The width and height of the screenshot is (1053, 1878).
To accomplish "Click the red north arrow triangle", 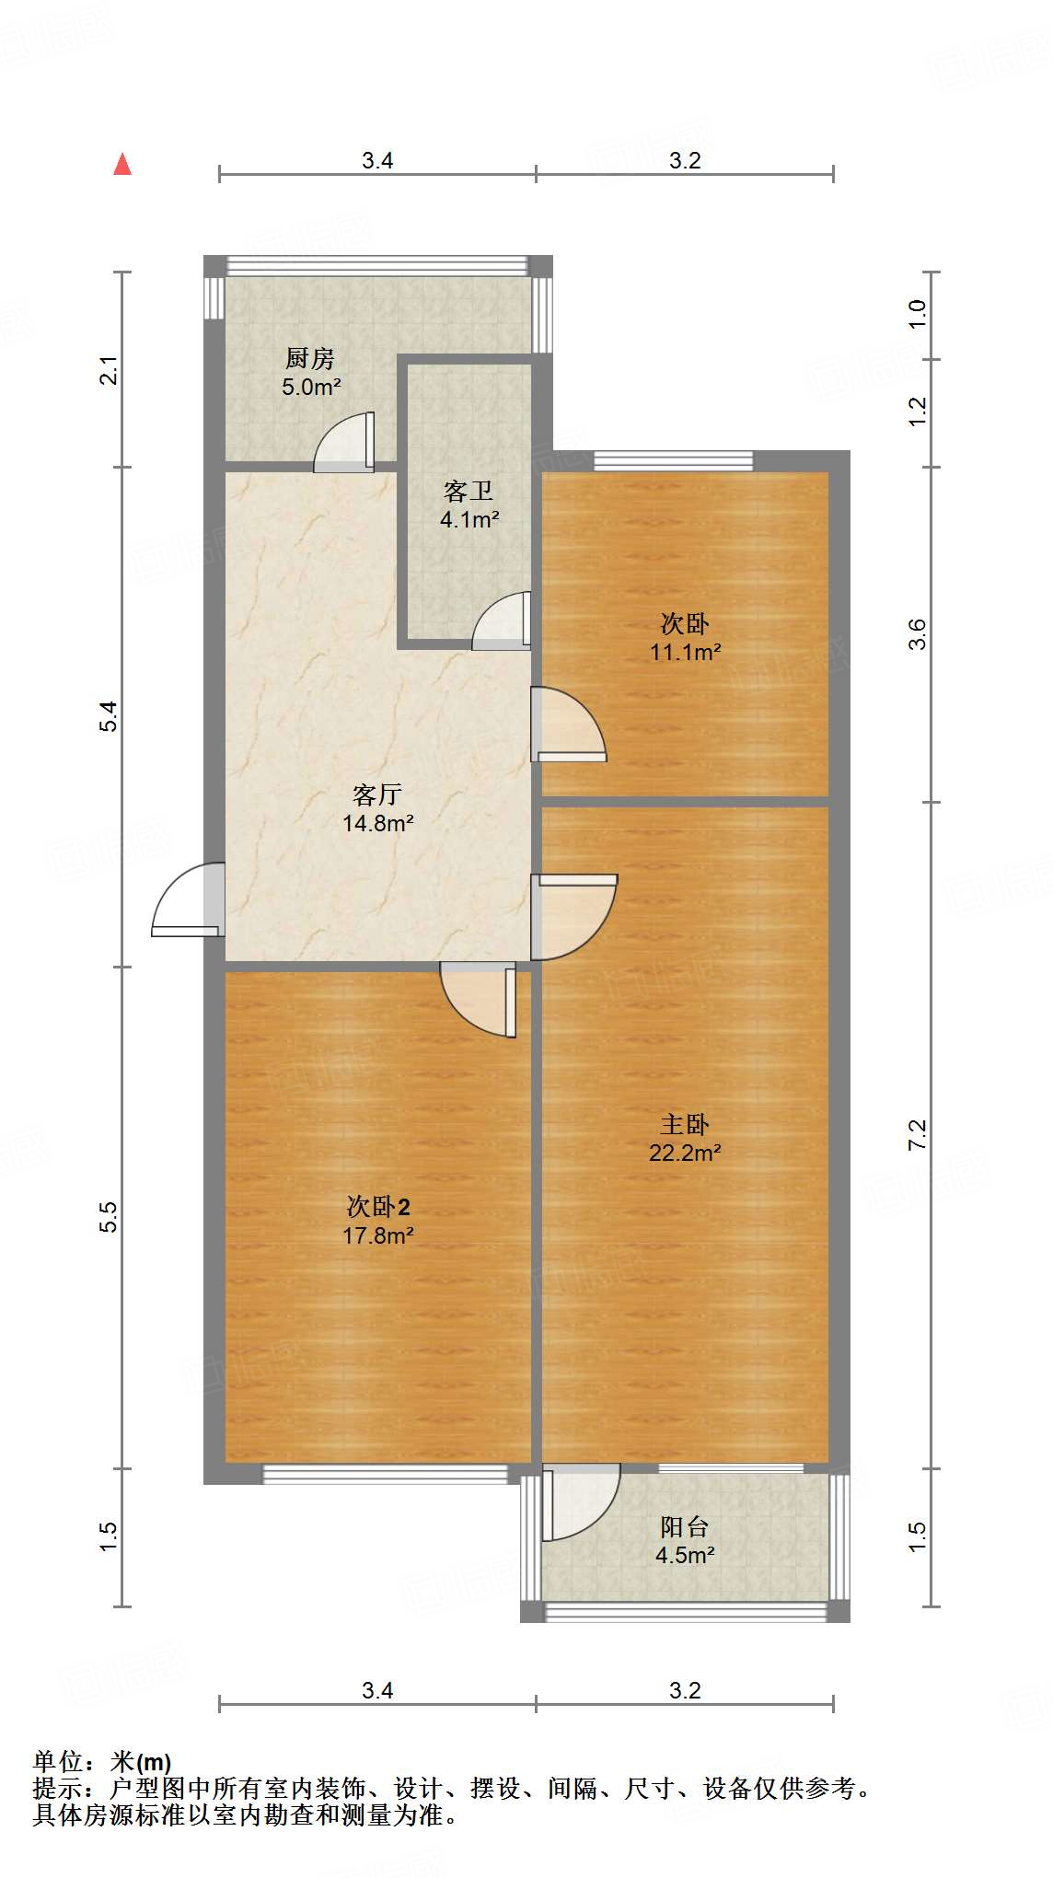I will (122, 164).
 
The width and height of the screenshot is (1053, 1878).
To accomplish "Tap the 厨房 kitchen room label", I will (310, 358).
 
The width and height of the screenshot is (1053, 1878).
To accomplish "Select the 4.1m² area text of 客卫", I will (469, 520).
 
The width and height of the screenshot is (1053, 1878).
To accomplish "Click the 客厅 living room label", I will (377, 794).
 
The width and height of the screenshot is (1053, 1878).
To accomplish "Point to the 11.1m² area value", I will (685, 653).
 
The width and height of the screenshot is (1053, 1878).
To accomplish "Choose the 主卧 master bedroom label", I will (685, 1124).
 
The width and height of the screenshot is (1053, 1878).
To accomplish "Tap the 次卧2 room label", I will (378, 1206).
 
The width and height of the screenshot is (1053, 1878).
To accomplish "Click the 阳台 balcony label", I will (685, 1527).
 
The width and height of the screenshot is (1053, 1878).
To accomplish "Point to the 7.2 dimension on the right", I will (918, 1134).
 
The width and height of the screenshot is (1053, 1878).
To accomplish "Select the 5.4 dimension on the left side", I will (110, 716).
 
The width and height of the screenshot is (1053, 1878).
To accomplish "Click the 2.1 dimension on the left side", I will (110, 370).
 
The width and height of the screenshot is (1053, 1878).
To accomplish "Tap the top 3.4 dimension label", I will (377, 161).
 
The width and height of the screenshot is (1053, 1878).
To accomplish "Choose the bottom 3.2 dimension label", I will (685, 1690).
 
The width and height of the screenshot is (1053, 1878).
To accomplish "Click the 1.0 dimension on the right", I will (918, 315).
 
